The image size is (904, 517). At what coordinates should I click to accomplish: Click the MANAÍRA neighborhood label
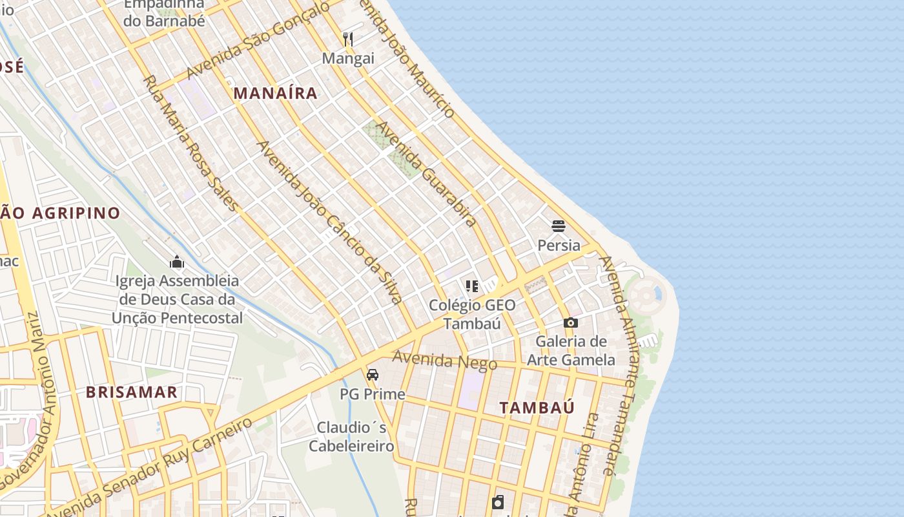(x=276, y=93)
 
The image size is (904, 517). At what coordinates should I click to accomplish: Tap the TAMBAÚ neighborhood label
(x=537, y=408)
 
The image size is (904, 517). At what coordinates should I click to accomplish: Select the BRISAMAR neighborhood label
(x=132, y=392)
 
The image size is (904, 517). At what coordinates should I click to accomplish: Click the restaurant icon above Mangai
(x=348, y=39)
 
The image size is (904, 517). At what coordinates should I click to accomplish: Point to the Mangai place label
(x=348, y=59)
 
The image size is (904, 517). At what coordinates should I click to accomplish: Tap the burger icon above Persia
(x=559, y=226)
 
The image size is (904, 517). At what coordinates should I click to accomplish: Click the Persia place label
(x=559, y=246)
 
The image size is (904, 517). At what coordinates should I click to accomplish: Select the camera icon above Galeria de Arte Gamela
(x=571, y=322)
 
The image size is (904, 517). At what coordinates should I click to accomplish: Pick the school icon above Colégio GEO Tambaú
(x=472, y=286)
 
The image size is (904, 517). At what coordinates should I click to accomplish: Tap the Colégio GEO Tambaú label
(x=472, y=314)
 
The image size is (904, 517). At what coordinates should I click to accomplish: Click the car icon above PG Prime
(x=373, y=375)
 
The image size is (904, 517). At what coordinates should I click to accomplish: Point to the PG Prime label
(x=373, y=394)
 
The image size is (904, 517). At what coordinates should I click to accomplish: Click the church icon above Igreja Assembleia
(x=177, y=262)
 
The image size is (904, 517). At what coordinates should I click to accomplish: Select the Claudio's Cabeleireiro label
(x=351, y=437)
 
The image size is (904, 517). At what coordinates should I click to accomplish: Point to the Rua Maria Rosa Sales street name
(x=191, y=143)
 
